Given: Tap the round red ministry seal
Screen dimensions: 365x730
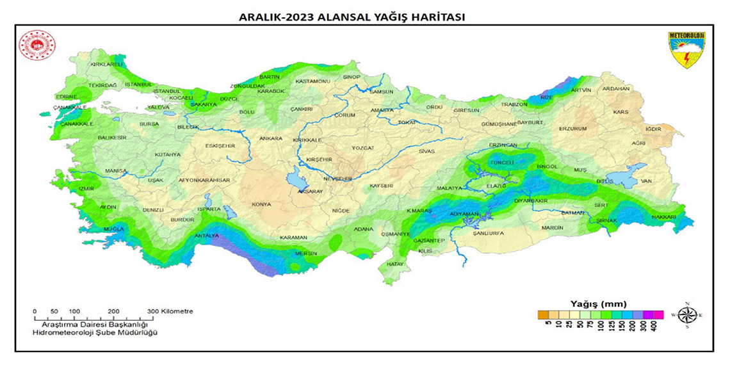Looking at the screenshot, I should point(38,46).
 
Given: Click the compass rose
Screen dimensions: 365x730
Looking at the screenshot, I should point(688,315).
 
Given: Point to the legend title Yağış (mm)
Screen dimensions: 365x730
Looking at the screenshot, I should point(598,303).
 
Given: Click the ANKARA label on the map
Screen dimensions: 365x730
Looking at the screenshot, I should point(271,138).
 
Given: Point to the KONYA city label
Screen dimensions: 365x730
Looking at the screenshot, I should point(261,204).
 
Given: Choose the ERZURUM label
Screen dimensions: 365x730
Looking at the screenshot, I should point(572,128).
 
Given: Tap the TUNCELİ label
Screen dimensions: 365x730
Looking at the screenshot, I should point(501,163).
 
